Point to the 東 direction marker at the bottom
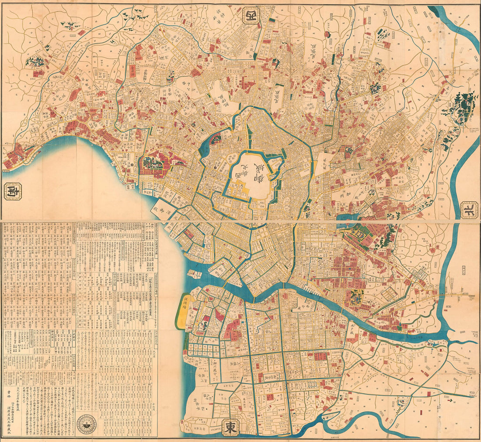230,427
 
